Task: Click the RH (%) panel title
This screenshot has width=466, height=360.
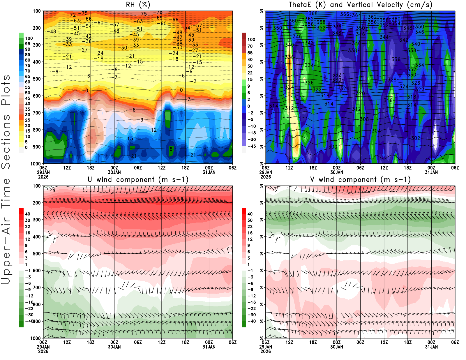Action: coord(138,5)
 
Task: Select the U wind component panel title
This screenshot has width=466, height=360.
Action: coord(138,179)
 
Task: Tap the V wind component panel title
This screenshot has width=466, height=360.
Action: coord(360,179)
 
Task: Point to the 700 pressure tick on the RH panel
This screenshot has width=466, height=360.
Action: coord(37,113)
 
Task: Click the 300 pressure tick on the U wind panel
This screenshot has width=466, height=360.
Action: coord(37,220)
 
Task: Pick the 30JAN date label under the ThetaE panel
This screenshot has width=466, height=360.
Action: coord(337,172)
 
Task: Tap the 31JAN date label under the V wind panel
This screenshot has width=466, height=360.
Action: coord(431,347)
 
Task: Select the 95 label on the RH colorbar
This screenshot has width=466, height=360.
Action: coord(27,44)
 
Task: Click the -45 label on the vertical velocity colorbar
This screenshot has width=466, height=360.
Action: coord(252,146)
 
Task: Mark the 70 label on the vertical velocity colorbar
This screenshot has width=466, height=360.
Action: coord(250,46)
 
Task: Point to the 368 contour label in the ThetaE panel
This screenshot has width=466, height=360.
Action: coord(313,13)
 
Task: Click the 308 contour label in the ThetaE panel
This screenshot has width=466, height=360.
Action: coord(364,119)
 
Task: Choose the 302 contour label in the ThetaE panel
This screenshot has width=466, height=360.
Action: coord(416,138)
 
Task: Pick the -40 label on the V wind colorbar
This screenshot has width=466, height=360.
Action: coord(252,321)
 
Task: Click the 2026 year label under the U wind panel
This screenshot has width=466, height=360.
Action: coord(43,351)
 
